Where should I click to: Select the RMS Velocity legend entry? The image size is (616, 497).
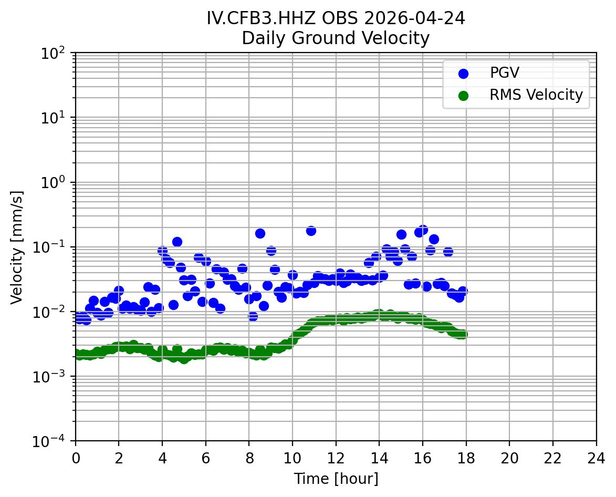click(x=536, y=95)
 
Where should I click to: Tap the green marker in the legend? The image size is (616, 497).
click(x=463, y=96)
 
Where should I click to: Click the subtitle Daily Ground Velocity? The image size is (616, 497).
click(x=336, y=38)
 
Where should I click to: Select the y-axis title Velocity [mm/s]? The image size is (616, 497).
click(x=17, y=247)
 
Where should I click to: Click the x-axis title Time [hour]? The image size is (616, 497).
click(x=336, y=479)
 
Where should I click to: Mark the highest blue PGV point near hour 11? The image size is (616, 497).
click(x=311, y=231)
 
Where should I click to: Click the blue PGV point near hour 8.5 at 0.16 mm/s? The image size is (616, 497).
click(x=260, y=233)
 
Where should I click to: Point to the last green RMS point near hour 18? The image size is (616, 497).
click(x=463, y=334)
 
